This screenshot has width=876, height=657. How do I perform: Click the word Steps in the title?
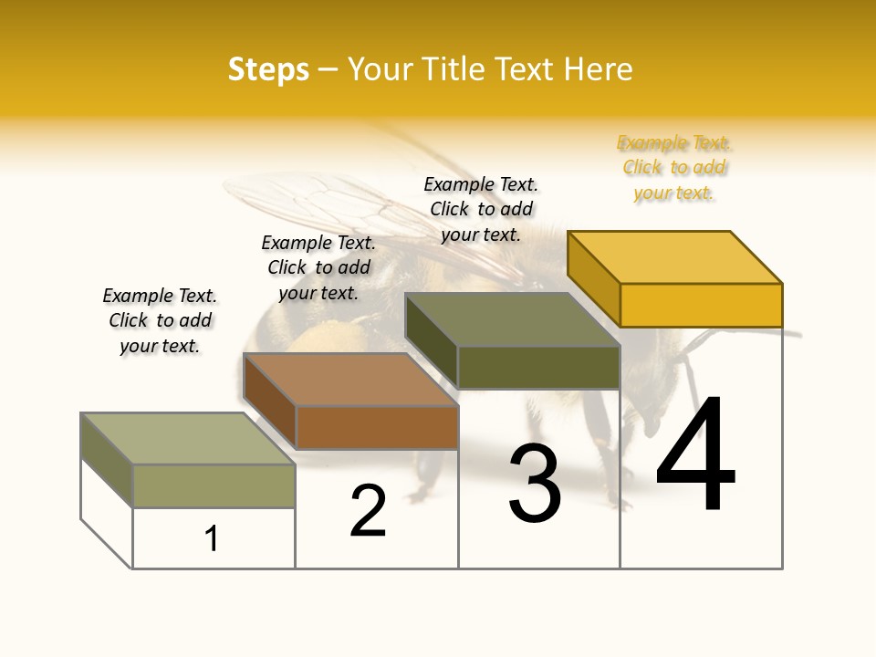[x=268, y=69]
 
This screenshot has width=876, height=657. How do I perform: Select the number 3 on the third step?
[x=535, y=484]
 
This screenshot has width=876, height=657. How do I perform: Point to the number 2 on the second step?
[x=369, y=510]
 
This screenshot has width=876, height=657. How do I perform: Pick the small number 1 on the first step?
[x=212, y=538]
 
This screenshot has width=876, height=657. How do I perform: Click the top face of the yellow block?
[x=674, y=257]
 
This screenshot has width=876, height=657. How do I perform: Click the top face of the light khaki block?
[x=187, y=438]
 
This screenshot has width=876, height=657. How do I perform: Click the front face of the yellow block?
[x=701, y=305]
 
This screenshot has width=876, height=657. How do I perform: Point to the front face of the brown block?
[x=377, y=427]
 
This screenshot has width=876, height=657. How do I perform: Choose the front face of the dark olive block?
[x=538, y=367]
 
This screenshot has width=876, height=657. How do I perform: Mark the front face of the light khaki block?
[x=214, y=485]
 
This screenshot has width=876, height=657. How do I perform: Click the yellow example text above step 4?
[x=674, y=168]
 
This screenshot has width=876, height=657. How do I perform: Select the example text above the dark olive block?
[x=481, y=209]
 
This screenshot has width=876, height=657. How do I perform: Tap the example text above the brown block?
[x=318, y=267]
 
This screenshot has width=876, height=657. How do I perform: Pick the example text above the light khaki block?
[x=160, y=320]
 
